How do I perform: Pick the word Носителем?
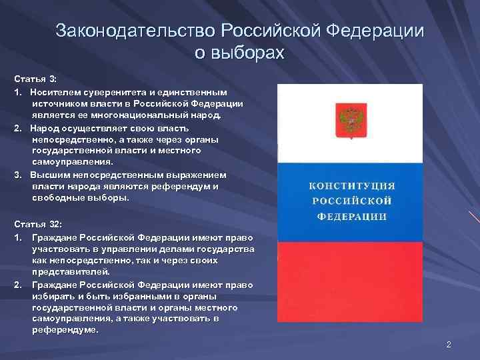pyautogui.click(x=51, y=91)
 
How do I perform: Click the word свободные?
pyautogui.click(x=55, y=198)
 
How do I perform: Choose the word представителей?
pyautogui.click(x=65, y=271)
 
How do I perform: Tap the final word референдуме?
pyautogui.click(x=64, y=330)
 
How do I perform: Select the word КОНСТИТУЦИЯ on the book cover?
pyautogui.click(x=350, y=185)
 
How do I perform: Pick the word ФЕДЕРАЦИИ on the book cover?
pyautogui.click(x=351, y=217)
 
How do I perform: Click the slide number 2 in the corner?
pyautogui.click(x=449, y=344)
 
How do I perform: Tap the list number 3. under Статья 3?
pyautogui.click(x=18, y=175)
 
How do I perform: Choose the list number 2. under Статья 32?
pyautogui.click(x=18, y=284)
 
